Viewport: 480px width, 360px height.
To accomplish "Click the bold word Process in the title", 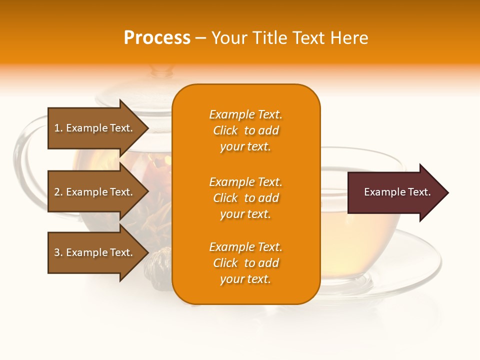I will (x=157, y=38).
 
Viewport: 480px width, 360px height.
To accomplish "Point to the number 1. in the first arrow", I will (x=58, y=128).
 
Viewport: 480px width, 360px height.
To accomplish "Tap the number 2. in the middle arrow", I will (x=58, y=192).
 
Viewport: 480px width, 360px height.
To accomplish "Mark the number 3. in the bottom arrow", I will (x=58, y=252).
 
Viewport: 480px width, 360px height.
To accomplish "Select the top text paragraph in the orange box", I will (x=245, y=130).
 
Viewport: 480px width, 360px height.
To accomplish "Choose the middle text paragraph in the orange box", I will (x=245, y=198).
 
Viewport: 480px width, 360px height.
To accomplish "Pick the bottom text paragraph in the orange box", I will (x=245, y=263).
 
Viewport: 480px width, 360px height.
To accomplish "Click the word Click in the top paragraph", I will (x=225, y=130).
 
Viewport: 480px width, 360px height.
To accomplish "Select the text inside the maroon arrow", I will (x=397, y=192).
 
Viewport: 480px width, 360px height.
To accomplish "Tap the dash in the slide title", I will (x=200, y=38).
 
